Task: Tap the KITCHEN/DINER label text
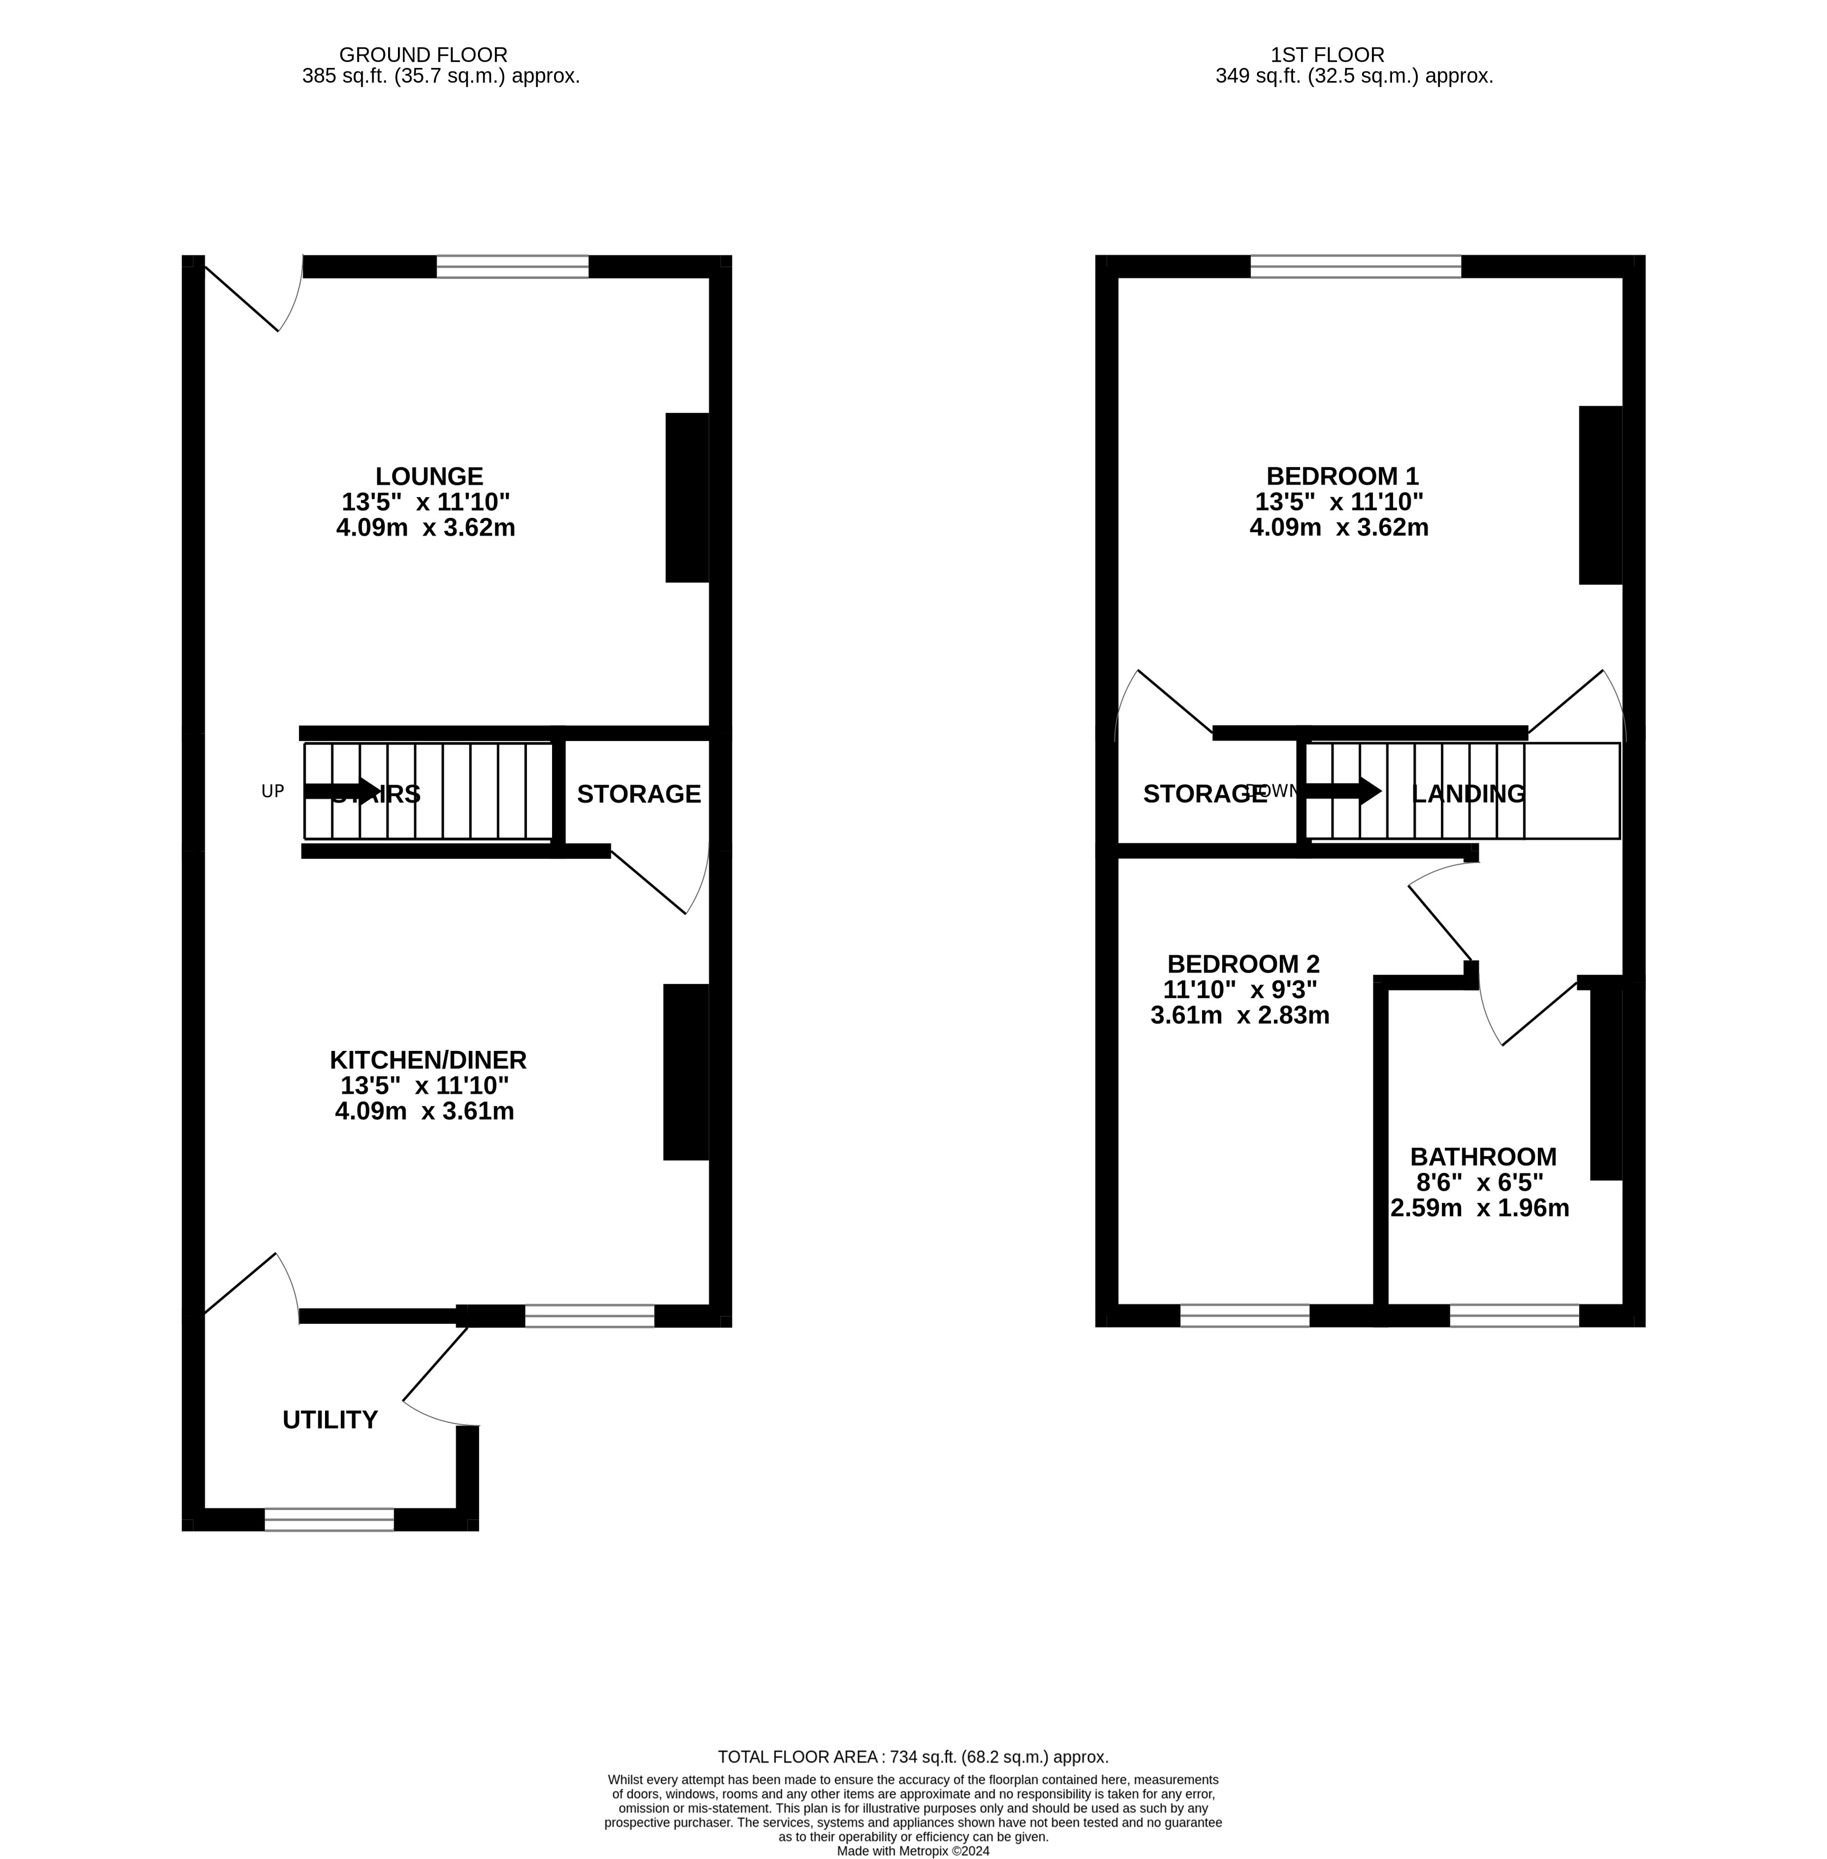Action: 428,1061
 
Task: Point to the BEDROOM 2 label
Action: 1243,964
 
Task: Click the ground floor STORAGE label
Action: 638,794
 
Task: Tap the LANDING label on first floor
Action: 1468,794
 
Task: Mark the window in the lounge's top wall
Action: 512,267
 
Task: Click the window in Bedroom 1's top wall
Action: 1355,267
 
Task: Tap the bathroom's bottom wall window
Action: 1513,1316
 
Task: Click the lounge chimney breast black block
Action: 687,497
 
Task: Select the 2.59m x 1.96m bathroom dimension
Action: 1480,1208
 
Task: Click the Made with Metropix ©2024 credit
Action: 912,1851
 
